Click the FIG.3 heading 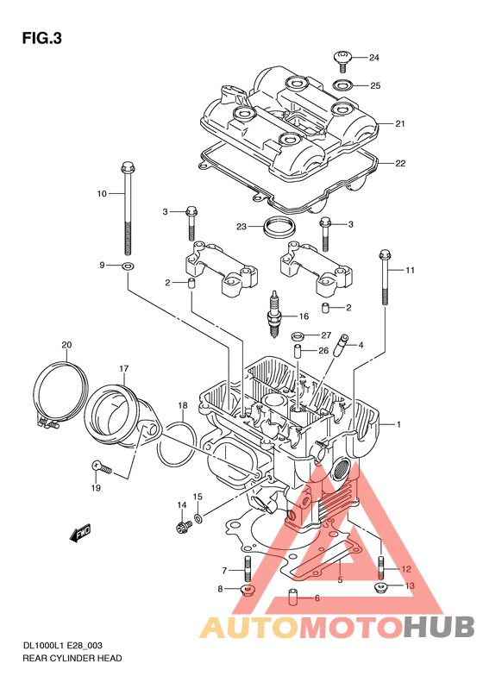coord(41,39)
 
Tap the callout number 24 coord(374,58)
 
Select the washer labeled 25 coord(343,84)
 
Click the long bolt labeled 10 coord(127,208)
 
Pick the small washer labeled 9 coord(128,266)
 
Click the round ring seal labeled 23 coord(279,228)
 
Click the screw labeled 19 coord(102,467)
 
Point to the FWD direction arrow coord(80,532)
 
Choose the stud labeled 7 coord(248,568)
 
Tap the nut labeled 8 coord(248,591)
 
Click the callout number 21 coord(400,123)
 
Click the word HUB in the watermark coord(439,627)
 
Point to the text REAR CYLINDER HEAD coord(72,658)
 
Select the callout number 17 coord(124,369)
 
